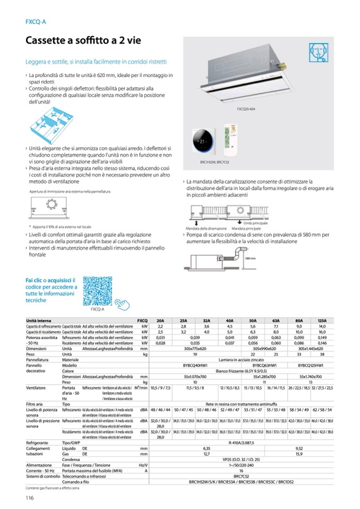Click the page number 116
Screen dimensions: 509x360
point(30,497)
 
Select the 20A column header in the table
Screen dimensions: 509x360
point(160,321)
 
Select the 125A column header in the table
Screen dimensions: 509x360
point(322,321)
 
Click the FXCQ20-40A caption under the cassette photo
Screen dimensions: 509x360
point(246,108)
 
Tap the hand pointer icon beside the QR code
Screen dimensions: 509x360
point(124,305)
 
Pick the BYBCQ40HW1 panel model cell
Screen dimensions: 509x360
point(195,366)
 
